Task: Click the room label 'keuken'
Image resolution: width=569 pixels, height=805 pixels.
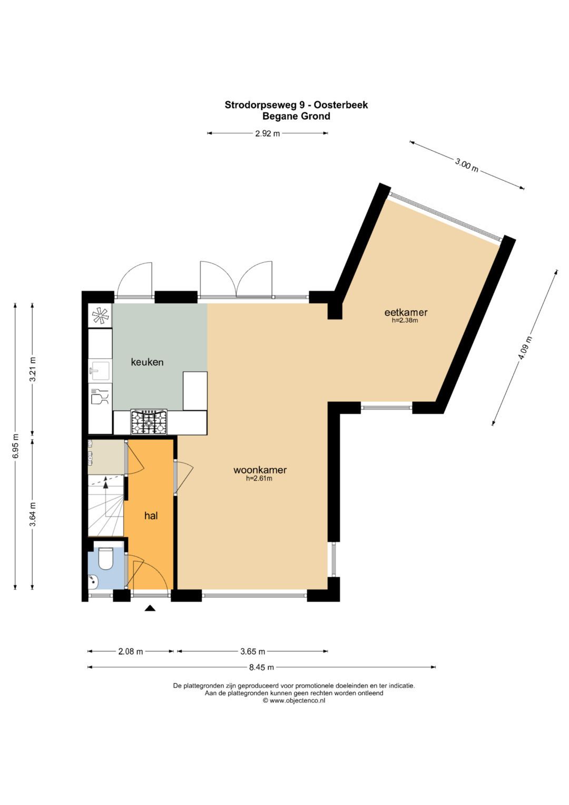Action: [x=147, y=362]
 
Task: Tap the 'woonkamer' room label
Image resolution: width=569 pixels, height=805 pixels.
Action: [x=260, y=470]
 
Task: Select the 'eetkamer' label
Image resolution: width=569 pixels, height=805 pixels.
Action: [x=406, y=312]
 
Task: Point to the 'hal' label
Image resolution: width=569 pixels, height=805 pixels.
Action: [x=151, y=516]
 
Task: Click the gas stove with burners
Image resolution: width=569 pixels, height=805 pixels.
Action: [x=149, y=422]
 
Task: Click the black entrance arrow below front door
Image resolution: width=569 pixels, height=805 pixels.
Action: [x=150, y=608]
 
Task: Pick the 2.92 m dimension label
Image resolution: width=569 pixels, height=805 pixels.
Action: [x=267, y=133]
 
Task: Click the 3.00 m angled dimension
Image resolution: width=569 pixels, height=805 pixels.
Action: [x=467, y=165]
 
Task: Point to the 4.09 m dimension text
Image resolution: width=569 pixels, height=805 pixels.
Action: [x=525, y=348]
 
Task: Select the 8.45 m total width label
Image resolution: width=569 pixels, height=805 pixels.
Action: [x=261, y=667]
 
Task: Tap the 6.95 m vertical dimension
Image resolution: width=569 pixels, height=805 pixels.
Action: [x=16, y=445]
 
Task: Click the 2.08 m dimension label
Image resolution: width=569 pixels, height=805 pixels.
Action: [x=130, y=651]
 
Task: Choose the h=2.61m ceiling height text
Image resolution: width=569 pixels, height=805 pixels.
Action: [x=259, y=479]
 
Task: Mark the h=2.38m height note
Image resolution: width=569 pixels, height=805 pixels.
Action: [x=405, y=321]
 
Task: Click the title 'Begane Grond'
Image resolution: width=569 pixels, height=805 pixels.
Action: [x=296, y=117]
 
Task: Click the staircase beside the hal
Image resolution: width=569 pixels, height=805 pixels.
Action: [x=105, y=505]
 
